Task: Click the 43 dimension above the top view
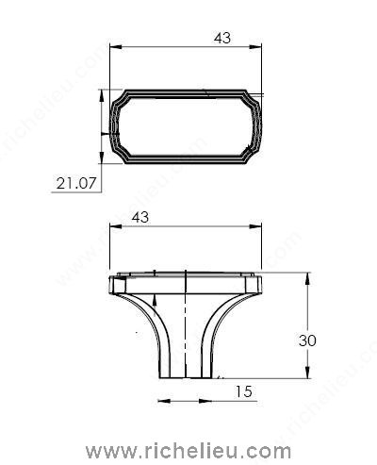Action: pos(222,38)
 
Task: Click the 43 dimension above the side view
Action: pos(140,217)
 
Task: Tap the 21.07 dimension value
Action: pos(76,183)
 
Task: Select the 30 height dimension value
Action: pos(307,340)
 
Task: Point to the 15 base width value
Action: pos(244,391)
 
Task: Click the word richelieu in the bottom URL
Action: pos(193,451)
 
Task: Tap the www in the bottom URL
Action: pos(111,453)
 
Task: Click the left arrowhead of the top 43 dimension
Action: pos(115,47)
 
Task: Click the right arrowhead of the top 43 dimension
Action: pos(255,47)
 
